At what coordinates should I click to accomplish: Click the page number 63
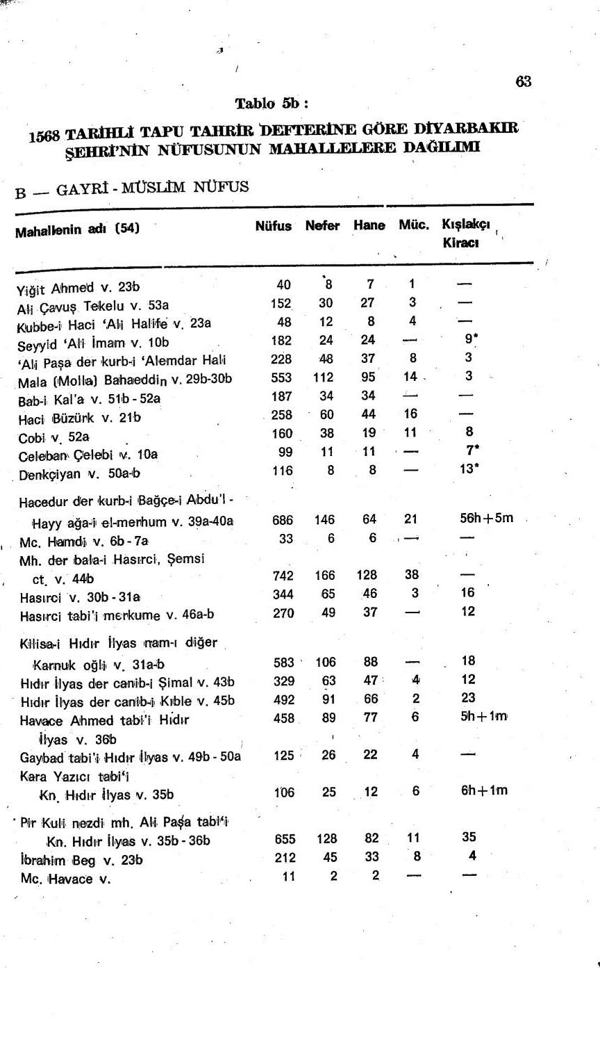523,81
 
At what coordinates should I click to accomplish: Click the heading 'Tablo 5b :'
271,104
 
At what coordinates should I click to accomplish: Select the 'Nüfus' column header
273,226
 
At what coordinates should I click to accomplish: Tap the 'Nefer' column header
322,226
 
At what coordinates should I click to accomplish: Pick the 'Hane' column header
369,225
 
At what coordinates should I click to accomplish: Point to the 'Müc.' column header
413,225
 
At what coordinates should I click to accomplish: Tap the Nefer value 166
324,576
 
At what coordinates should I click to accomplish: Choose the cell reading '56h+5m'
486,518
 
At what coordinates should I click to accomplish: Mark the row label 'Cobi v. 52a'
53,437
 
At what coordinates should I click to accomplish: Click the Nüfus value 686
283,520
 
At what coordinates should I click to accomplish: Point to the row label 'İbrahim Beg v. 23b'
81,860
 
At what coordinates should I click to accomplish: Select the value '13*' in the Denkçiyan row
469,469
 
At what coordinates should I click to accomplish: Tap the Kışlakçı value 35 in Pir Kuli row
469,837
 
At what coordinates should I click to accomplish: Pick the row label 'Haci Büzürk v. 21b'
79,418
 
